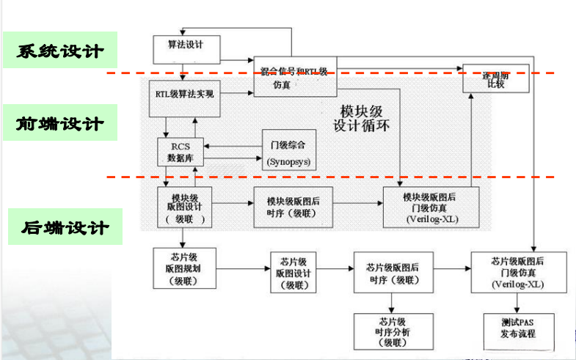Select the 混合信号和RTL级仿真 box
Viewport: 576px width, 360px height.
coord(294,77)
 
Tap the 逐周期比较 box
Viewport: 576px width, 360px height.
coord(486,78)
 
